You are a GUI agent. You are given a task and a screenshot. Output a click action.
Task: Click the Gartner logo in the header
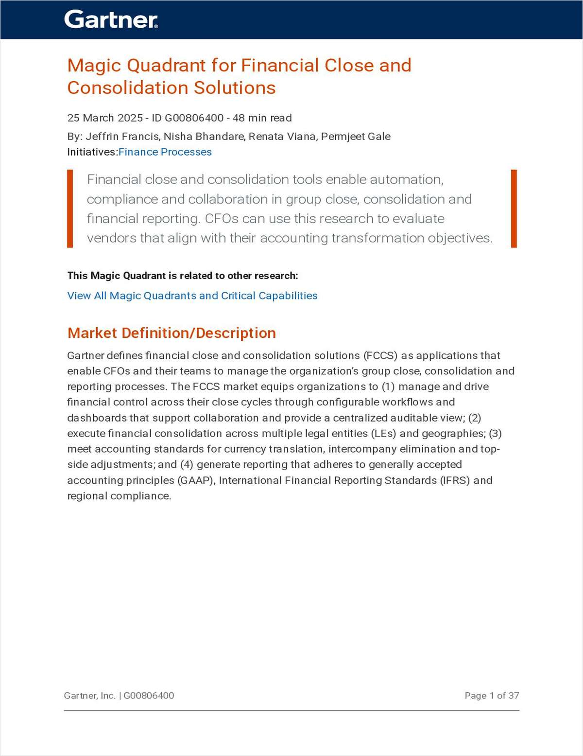pyautogui.click(x=111, y=19)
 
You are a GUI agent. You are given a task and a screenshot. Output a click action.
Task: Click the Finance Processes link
pyautogui.click(x=165, y=152)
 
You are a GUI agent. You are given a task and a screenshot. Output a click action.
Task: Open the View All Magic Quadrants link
pyautogui.click(x=192, y=296)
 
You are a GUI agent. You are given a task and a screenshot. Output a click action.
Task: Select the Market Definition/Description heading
pyautogui.click(x=171, y=333)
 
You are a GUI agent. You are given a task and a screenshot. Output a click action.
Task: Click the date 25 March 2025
pyautogui.click(x=105, y=118)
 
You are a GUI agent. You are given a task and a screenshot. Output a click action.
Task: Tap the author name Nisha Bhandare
pyautogui.click(x=204, y=137)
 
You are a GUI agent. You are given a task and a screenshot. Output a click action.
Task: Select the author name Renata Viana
pyautogui.click(x=283, y=137)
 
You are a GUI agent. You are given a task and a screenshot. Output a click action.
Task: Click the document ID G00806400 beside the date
pyautogui.click(x=188, y=118)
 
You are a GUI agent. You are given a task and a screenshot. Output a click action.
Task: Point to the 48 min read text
pyautogui.click(x=262, y=118)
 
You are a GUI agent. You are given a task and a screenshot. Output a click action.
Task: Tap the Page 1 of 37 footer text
pyautogui.click(x=492, y=696)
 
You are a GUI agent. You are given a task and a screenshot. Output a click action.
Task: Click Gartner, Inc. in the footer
pyautogui.click(x=89, y=696)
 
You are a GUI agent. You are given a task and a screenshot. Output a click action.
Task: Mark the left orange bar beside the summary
pyautogui.click(x=70, y=209)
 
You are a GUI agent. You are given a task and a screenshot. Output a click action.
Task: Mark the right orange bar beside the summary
pyautogui.click(x=514, y=209)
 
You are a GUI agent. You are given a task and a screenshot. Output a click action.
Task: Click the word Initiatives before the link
pyautogui.click(x=92, y=152)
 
